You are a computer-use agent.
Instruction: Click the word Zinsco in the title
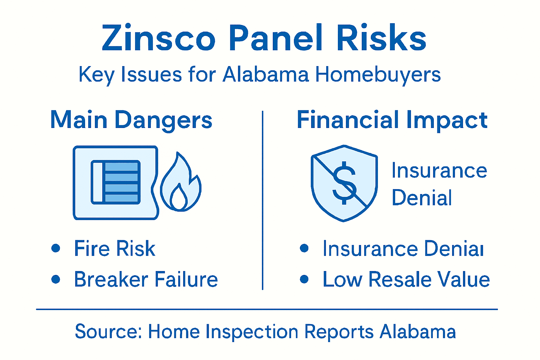[159, 38]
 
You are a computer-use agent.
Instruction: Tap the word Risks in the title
[381, 38]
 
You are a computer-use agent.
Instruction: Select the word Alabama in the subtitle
[266, 75]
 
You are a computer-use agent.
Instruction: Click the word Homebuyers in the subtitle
[378, 75]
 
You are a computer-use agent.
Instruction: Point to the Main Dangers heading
[131, 120]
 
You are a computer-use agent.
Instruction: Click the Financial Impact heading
[392, 120]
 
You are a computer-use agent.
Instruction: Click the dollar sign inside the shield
[344, 183]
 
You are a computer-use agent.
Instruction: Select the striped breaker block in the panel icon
[121, 182]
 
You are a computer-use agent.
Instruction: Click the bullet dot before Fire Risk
[56, 248]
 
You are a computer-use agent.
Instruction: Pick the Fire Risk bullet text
[115, 249]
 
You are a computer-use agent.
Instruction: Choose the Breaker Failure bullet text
[146, 279]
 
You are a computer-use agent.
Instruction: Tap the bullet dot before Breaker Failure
[56, 279]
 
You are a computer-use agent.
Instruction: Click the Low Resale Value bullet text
[406, 279]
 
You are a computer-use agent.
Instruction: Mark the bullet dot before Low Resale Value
[304, 279]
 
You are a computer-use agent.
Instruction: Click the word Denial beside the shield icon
[422, 198]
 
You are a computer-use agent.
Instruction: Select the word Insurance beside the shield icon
[439, 171]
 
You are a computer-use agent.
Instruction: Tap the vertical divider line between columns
[263, 200]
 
